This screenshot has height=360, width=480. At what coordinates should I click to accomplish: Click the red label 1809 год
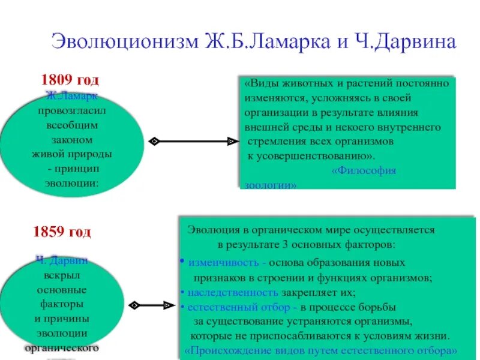pos(70,80)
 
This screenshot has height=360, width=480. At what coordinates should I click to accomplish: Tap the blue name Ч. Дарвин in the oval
pos(61,260)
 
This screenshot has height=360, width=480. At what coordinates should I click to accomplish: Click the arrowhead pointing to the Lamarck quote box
pos(231,141)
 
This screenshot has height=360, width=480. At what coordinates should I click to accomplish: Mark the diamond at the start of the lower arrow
pos(134,305)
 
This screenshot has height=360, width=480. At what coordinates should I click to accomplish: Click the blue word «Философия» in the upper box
pos(364,170)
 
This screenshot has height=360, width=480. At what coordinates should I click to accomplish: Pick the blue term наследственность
pos(233,293)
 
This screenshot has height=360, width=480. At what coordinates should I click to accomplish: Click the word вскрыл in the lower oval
pos(62,275)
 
